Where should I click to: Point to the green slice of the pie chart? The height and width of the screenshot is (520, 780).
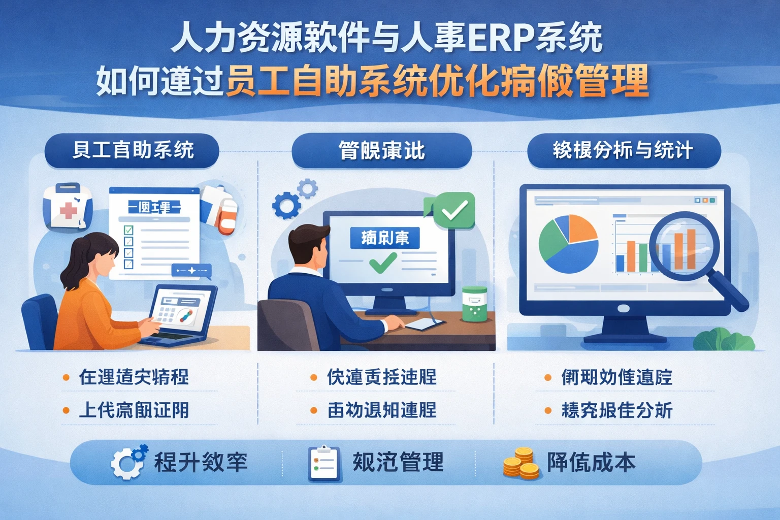pos(553,239)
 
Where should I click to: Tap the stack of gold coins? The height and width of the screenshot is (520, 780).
pos(521,463)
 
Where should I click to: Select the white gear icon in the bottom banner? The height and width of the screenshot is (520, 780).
pos(127,462)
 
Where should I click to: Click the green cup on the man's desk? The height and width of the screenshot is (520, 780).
pos(474,304)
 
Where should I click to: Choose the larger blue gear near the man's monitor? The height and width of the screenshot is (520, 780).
pos(285,206)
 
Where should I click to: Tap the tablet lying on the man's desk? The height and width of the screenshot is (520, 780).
pos(422,323)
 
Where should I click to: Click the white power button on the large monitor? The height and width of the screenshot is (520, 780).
pos(623,309)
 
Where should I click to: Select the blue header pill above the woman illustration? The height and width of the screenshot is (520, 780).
pos(132,151)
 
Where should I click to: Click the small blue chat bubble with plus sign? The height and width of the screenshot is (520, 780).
pos(191,271)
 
